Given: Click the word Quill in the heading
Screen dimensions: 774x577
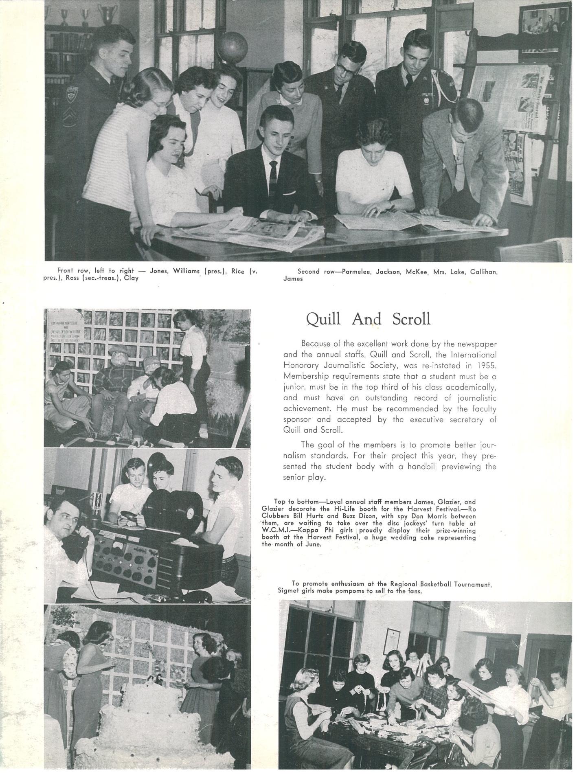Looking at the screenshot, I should [x=324, y=319].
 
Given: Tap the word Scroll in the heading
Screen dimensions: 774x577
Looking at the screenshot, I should [x=411, y=319].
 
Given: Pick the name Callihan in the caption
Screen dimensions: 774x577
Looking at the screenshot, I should [x=483, y=272].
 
